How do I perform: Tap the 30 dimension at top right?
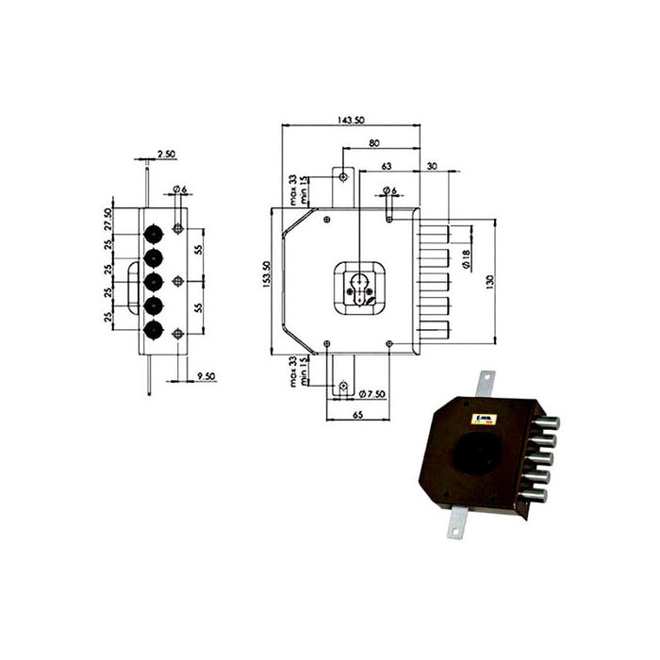click(x=432, y=166)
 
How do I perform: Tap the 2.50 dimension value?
click(x=166, y=153)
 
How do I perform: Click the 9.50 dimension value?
click(x=206, y=377)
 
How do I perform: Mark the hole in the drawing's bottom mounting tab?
click(x=343, y=387)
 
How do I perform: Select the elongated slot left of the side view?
click(x=128, y=281)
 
